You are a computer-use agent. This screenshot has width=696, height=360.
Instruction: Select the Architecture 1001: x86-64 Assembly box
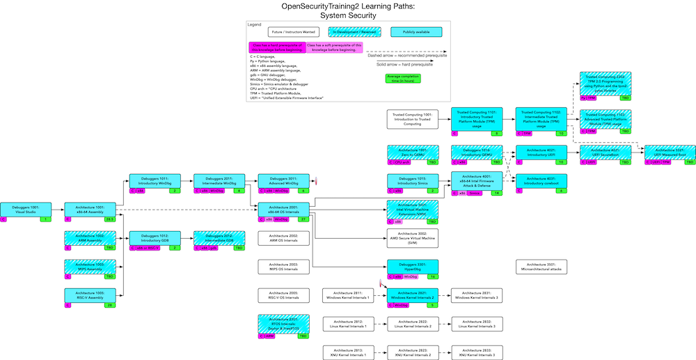90,209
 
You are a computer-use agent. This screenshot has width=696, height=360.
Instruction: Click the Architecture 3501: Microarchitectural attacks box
541,267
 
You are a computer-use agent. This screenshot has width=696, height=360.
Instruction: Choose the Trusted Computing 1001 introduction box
413,119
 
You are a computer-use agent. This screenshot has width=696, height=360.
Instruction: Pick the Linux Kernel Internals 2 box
413,324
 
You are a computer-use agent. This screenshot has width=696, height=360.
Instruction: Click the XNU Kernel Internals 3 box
477,353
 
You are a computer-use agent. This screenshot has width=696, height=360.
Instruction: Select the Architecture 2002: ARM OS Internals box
283,238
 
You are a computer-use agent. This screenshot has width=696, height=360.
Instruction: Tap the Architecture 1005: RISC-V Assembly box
90,295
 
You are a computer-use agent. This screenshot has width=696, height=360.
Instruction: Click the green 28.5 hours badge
109,219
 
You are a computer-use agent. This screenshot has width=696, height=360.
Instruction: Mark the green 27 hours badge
303,219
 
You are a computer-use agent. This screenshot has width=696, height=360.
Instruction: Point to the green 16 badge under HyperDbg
432,276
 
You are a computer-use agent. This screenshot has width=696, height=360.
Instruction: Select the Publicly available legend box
415,32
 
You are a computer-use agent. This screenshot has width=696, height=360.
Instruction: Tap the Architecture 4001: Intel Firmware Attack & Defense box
477,181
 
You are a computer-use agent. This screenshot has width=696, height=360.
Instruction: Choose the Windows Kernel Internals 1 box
349,295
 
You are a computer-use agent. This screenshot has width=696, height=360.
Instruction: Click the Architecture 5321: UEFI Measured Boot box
670,152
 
